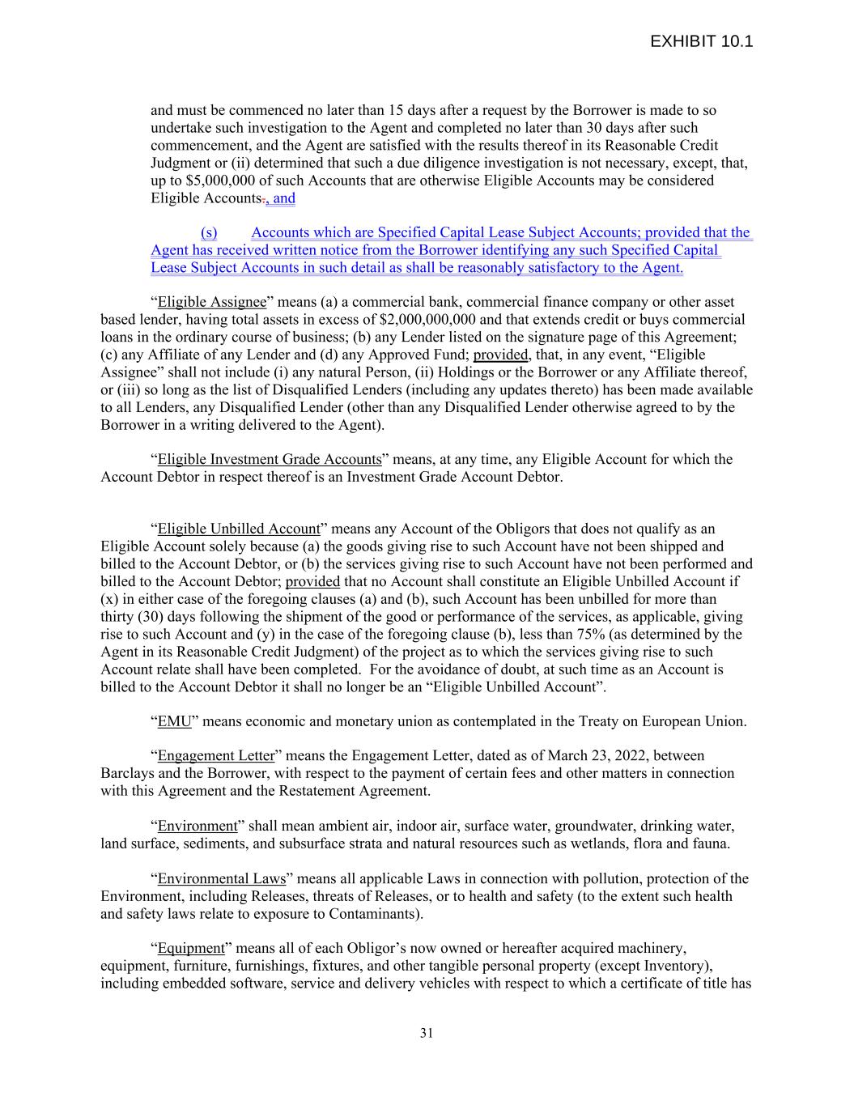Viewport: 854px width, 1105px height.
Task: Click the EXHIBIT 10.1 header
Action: [x=701, y=41]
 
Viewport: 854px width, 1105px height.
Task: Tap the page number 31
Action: [x=427, y=1033]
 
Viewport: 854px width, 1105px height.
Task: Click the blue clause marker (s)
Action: [x=209, y=233]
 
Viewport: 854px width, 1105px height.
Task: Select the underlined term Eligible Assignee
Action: [x=211, y=303]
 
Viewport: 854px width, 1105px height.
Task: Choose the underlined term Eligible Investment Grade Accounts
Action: [x=269, y=460]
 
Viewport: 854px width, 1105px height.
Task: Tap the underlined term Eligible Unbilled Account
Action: [x=239, y=529]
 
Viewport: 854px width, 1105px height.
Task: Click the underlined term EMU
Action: [x=174, y=721]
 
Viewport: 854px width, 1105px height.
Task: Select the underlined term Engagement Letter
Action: [x=216, y=756]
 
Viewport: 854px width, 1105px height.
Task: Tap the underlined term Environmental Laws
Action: [x=222, y=879]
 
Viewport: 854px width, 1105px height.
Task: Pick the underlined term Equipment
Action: [x=191, y=948]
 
